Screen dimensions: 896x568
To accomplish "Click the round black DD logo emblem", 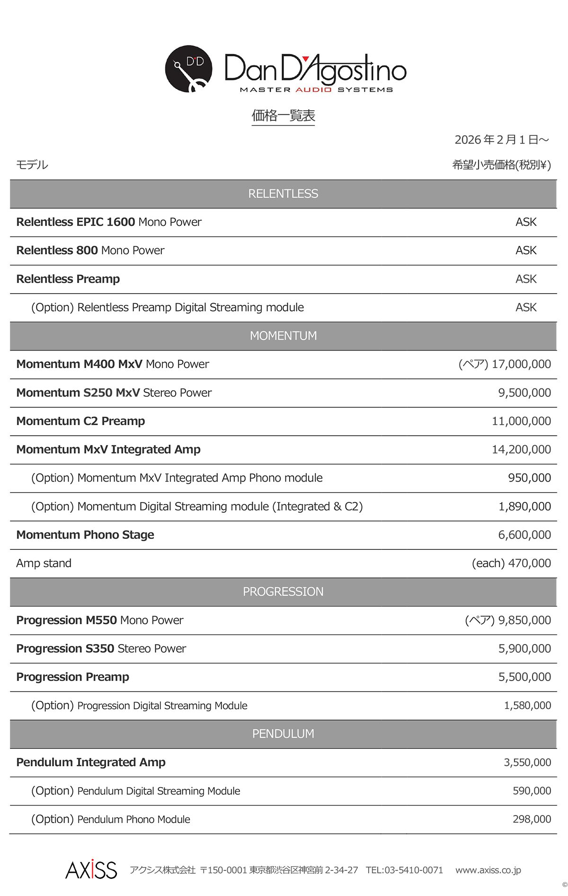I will [x=188, y=69].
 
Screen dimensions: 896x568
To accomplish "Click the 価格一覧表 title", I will [x=283, y=116].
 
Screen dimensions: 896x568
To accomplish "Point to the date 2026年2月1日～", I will [x=501, y=140].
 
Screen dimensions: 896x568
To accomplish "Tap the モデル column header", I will [x=32, y=165].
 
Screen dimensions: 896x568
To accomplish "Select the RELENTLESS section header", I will [x=283, y=194].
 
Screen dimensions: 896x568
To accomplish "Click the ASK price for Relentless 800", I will [x=526, y=251].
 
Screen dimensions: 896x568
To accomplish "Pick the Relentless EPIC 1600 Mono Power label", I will [x=109, y=222].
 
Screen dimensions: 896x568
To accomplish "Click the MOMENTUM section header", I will [x=283, y=336].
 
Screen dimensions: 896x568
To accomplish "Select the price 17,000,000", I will [x=521, y=364].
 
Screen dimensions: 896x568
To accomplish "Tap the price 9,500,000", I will [x=524, y=393].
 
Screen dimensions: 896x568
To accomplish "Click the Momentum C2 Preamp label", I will [x=80, y=421].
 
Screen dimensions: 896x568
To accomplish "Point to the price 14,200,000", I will [x=521, y=449].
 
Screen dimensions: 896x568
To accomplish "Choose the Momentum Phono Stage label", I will [x=85, y=535].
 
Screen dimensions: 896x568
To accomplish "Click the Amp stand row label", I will [x=44, y=563].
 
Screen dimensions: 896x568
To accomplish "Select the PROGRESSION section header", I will [x=283, y=591].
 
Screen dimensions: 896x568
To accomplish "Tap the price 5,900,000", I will [x=524, y=648].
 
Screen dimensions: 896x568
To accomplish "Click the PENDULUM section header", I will [x=283, y=734].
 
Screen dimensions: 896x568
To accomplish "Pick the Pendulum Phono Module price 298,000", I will [x=532, y=819].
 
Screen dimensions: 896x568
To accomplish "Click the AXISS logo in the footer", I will [x=91, y=870].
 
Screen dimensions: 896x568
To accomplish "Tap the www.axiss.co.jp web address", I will [x=488, y=870].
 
